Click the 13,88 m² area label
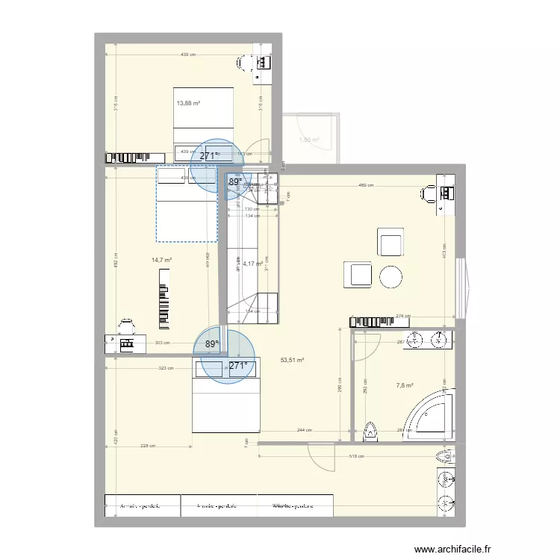click(188, 104)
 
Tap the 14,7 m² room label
click(162, 261)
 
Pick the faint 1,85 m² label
click(309, 140)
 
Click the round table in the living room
click(392, 278)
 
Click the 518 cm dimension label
click(358, 456)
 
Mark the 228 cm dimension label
click(148, 447)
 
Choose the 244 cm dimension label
click(305, 430)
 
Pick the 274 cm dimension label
click(404, 317)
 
